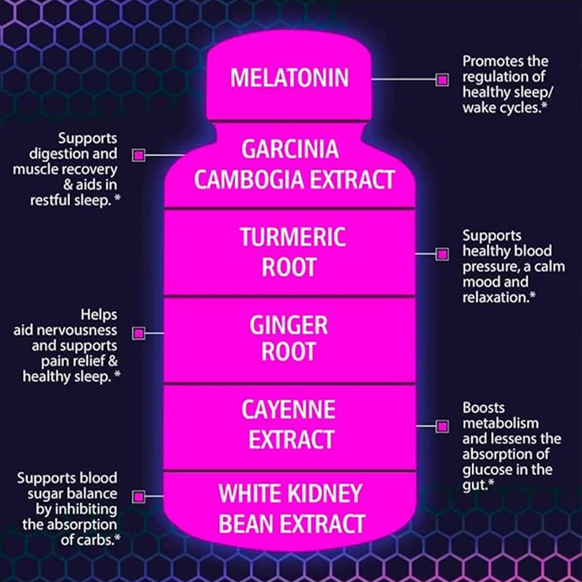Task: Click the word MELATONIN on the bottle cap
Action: tap(290, 78)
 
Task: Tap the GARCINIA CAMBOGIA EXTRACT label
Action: tap(290, 164)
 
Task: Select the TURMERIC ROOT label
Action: tap(290, 252)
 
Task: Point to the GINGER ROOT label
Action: tap(290, 338)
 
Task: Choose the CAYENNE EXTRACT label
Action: tap(290, 425)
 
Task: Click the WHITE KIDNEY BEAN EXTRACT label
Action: tap(290, 509)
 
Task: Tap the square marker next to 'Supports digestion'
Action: tap(138, 155)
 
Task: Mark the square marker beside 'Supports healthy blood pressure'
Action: tap(441, 253)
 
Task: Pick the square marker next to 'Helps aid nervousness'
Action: tap(138, 332)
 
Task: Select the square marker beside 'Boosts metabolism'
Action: tap(441, 425)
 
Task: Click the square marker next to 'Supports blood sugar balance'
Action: tap(138, 496)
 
